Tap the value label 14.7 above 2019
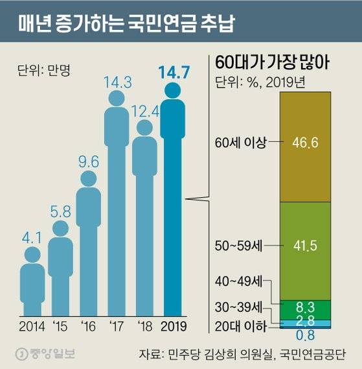[x=173, y=73]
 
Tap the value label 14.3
[x=117, y=82]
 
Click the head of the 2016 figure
[x=88, y=178]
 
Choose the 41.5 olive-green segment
[x=304, y=247]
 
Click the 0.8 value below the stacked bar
[x=304, y=336]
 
